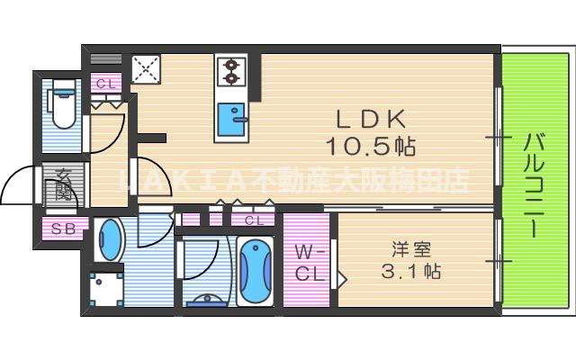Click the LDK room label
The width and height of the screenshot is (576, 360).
point(372,118)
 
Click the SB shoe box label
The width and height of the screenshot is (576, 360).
point(63,229)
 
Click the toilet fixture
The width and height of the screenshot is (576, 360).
point(63,105)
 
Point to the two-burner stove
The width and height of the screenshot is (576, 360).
point(231,71)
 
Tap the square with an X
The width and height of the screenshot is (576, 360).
point(145,69)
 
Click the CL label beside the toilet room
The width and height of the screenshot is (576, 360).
point(106,84)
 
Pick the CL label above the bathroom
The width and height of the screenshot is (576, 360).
point(254,220)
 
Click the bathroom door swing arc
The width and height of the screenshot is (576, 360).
point(200,261)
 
